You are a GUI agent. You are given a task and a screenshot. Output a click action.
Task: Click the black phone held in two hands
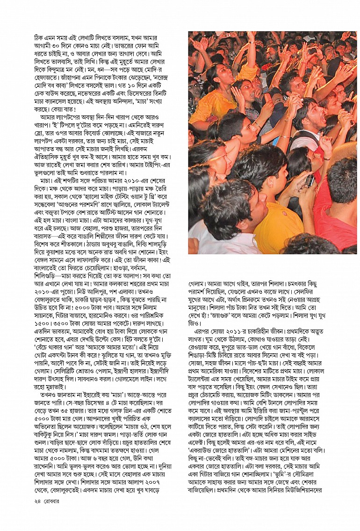tap(309, 180)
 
